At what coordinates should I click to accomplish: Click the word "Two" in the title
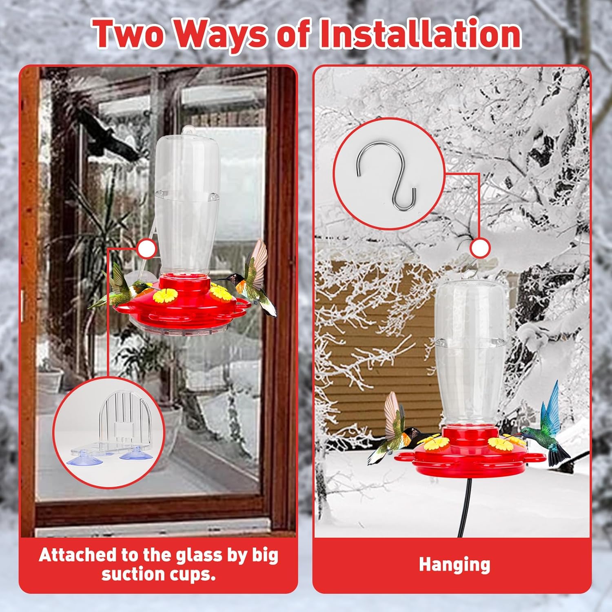(129, 34)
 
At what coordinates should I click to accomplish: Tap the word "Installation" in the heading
(420, 33)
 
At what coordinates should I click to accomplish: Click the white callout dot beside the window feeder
(146, 248)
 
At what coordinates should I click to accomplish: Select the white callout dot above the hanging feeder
(480, 248)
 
